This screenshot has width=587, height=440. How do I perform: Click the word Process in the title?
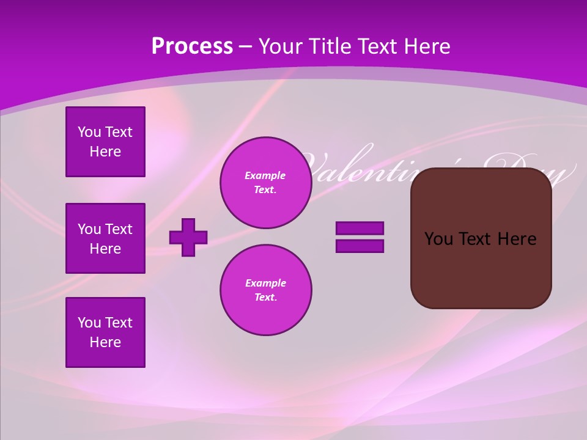(x=192, y=46)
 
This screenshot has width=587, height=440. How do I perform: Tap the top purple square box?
(x=105, y=142)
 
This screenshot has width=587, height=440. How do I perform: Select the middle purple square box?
(x=105, y=238)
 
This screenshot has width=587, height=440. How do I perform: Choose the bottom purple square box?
(x=105, y=332)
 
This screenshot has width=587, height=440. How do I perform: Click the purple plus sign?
(x=188, y=237)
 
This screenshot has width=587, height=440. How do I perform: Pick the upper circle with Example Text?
(x=265, y=183)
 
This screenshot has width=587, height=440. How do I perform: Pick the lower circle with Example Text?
(x=265, y=290)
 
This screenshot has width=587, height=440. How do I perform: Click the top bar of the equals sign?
(x=360, y=228)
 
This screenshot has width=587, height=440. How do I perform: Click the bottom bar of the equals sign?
(x=360, y=246)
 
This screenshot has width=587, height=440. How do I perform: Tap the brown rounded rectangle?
(x=481, y=269)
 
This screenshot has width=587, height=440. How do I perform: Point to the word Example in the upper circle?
(x=265, y=175)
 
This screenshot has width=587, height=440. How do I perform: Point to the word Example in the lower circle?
(x=265, y=283)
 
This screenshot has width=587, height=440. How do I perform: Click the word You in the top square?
(x=89, y=132)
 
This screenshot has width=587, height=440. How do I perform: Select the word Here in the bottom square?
(x=105, y=342)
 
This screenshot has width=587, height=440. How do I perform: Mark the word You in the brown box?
(x=438, y=239)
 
